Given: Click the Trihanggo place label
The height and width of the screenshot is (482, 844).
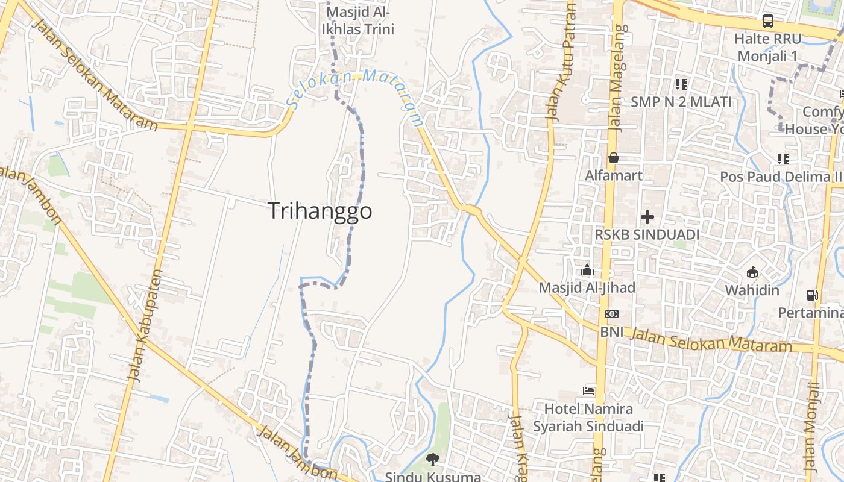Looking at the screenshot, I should (x=320, y=211).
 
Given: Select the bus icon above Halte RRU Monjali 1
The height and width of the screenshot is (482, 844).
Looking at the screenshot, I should (x=768, y=21).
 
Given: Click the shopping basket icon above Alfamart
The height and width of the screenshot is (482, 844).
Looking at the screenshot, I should (x=614, y=158).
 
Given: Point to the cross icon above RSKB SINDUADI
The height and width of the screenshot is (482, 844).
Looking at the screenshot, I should (x=647, y=216).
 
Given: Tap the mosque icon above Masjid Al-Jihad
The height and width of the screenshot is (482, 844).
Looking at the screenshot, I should (x=587, y=271).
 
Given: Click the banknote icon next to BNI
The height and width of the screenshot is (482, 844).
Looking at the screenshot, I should (x=611, y=314).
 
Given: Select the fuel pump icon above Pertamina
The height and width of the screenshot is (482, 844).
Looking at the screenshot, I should (x=813, y=295).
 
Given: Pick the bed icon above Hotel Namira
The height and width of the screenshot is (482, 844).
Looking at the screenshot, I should (x=588, y=391).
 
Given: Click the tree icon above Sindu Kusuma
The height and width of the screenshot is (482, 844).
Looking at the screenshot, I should (x=432, y=460).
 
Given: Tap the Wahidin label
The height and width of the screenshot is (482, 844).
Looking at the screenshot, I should (x=752, y=290).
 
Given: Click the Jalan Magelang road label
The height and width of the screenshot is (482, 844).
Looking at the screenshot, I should (x=618, y=78).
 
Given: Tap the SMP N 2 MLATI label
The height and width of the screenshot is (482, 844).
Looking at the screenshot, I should (x=681, y=102).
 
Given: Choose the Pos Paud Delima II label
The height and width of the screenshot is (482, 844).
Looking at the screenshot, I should (x=781, y=177).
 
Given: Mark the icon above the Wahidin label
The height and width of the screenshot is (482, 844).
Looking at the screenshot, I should (x=752, y=272).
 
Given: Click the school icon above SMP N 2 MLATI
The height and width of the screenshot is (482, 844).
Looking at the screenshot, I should (x=681, y=84).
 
